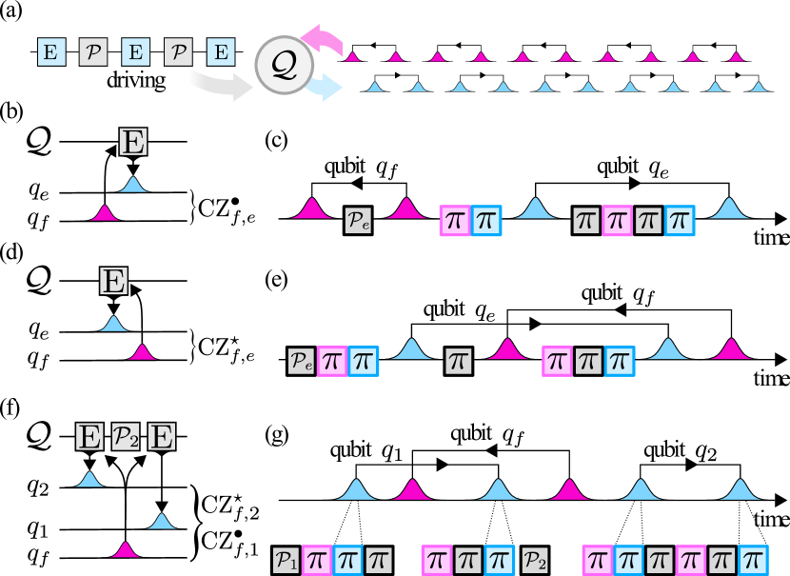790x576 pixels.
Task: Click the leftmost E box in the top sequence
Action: tap(51, 51)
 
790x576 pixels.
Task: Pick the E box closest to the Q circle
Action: tap(221, 51)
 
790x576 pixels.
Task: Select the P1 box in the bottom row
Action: tap(286, 560)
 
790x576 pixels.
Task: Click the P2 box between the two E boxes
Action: tap(126, 437)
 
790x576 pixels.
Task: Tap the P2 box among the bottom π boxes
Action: tap(535, 560)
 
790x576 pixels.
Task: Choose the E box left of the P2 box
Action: tap(89, 437)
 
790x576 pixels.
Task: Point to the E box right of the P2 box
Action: tap(162, 437)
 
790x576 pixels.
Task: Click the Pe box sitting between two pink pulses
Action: tap(358, 221)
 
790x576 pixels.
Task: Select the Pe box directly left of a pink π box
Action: tap(301, 361)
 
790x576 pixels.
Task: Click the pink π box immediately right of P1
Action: tap(317, 560)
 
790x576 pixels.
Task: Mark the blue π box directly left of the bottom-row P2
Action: tap(499, 560)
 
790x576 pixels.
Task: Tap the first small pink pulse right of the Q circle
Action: tap(353, 57)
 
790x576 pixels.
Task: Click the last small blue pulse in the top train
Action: tap(759, 88)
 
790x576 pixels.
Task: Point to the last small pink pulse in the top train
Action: tap(736, 57)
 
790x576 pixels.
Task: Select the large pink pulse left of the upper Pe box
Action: tap(311, 210)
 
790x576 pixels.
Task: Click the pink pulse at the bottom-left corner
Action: tap(125, 549)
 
